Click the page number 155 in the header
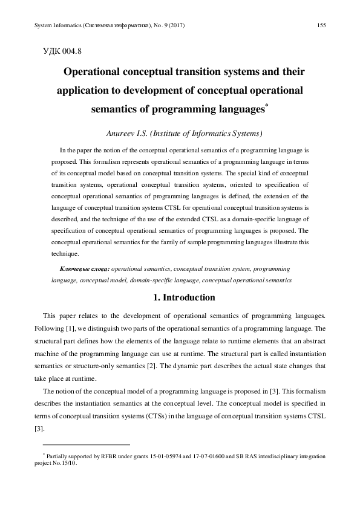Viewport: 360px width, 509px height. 321,25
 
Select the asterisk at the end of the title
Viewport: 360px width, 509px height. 267,106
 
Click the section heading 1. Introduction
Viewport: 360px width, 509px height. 180,297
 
